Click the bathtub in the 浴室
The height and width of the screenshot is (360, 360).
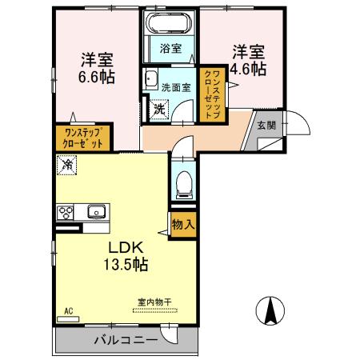[x=170, y=22]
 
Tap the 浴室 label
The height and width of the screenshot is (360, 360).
[x=170, y=49]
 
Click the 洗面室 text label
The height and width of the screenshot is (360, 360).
[x=176, y=87]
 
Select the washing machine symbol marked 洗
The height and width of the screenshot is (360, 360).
[x=159, y=109]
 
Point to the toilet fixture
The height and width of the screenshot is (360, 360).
[x=183, y=185]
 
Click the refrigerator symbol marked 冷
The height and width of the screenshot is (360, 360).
[x=66, y=165]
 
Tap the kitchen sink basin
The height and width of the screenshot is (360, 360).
[x=96, y=211]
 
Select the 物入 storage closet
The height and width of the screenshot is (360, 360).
[x=183, y=225]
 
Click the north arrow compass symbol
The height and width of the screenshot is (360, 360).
[x=270, y=310]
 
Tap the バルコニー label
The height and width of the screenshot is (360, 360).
[x=126, y=340]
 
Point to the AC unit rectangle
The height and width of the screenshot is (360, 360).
[x=68, y=319]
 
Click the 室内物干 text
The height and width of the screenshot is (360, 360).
[x=154, y=302]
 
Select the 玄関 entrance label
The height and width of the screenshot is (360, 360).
[x=266, y=125]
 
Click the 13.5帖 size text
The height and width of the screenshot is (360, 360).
[x=126, y=264]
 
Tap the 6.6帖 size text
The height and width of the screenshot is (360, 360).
[x=97, y=77]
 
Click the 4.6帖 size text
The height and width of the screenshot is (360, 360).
[x=248, y=69]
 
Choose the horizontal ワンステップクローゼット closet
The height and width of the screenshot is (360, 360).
[x=82, y=138]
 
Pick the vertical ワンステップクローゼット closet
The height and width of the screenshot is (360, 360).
[x=213, y=94]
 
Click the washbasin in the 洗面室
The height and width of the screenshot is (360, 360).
[x=150, y=79]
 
